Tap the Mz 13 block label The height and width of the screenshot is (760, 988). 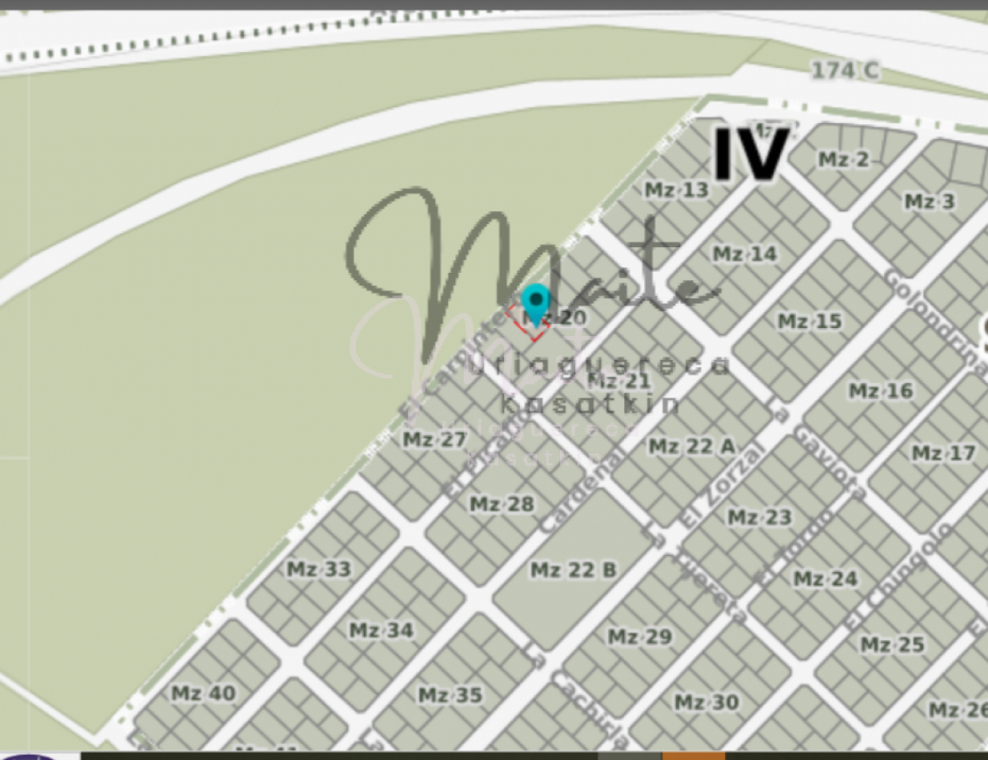[676, 190]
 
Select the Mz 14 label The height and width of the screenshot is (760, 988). [744, 254]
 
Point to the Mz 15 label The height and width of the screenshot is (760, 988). [810, 322]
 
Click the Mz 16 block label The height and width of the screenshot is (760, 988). [879, 391]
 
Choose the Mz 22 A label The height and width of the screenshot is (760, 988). [690, 446]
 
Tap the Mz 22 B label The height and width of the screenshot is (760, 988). [573, 570]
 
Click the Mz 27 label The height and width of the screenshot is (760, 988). [434, 439]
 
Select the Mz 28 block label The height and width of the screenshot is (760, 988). [501, 505]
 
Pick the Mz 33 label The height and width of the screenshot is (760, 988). [318, 570]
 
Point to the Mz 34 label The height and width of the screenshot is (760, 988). [381, 630]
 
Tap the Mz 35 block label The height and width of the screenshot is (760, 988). [450, 695]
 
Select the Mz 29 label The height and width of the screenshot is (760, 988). [639, 638]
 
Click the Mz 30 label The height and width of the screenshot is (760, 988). [706, 702]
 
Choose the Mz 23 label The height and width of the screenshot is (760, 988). [758, 518]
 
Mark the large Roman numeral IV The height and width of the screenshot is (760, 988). [750, 154]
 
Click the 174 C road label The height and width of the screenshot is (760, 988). [844, 71]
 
